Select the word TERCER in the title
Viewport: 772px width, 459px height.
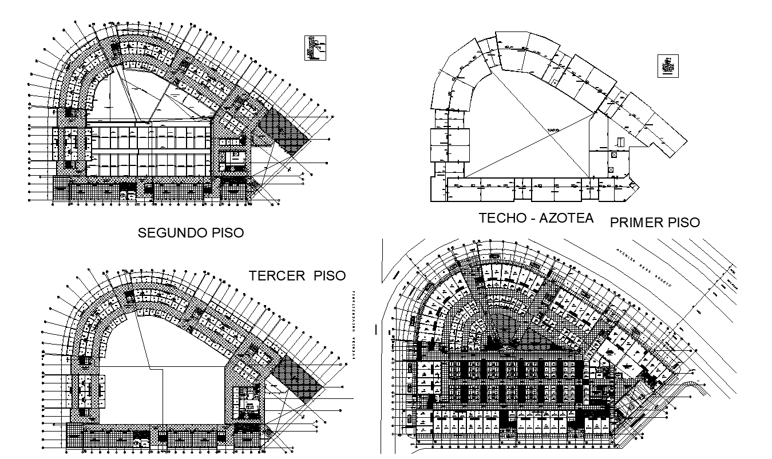coord(277,275)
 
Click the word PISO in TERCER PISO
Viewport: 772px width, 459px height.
coord(330,275)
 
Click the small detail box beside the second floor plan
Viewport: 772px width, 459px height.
coord(315,48)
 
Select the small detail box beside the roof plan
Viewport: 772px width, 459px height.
coord(668,66)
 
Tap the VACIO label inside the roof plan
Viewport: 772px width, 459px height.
coord(552,129)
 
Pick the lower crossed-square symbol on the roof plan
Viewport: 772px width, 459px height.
coord(612,169)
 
